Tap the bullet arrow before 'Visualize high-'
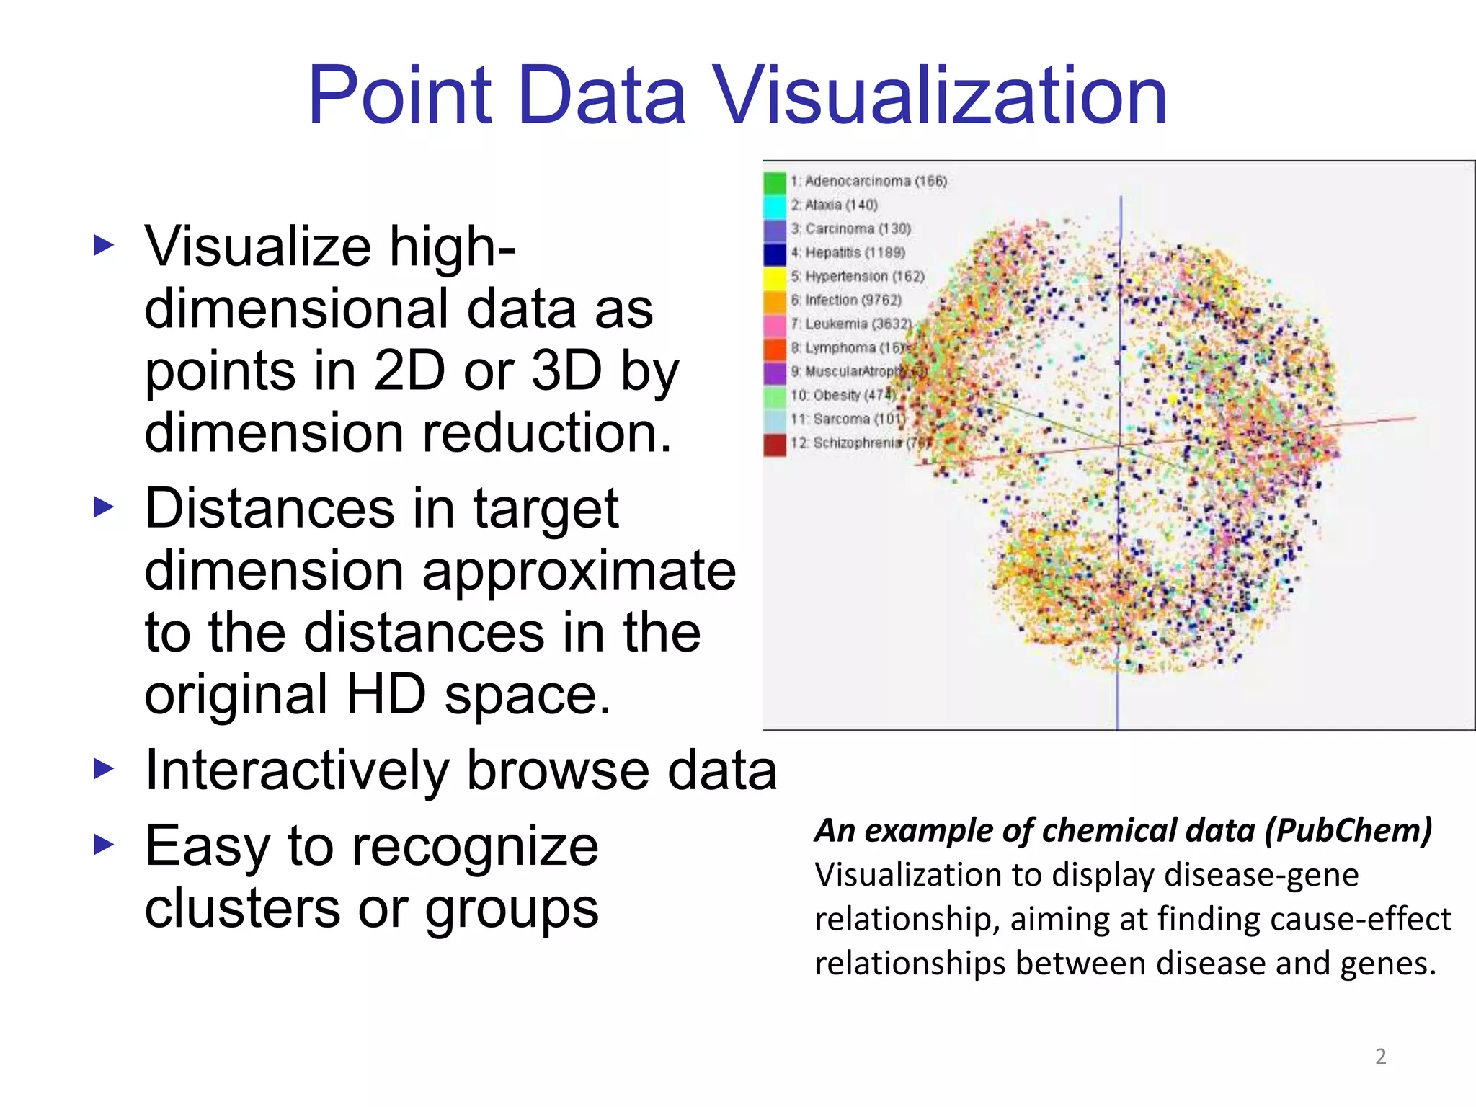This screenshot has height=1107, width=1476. pyautogui.click(x=104, y=246)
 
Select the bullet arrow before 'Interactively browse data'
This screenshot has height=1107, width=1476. pyautogui.click(x=104, y=769)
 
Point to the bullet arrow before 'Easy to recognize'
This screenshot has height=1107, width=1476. pyautogui.click(x=104, y=845)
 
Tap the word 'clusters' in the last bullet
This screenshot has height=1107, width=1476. pyautogui.click(x=242, y=908)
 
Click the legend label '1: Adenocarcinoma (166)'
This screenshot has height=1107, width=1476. pyautogui.click(x=868, y=181)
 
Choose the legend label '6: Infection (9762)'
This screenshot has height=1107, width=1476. pyautogui.click(x=846, y=300)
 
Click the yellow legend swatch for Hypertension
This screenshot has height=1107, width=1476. pyautogui.click(x=775, y=277)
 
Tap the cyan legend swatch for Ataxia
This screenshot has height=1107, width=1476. pyautogui.click(x=775, y=205)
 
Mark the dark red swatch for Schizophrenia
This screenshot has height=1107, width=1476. pyautogui.click(x=775, y=443)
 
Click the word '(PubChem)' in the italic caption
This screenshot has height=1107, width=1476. pyautogui.click(x=1348, y=830)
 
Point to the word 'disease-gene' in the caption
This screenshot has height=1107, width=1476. pyautogui.click(x=1261, y=875)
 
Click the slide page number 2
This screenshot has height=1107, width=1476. pyautogui.click(x=1380, y=1057)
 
